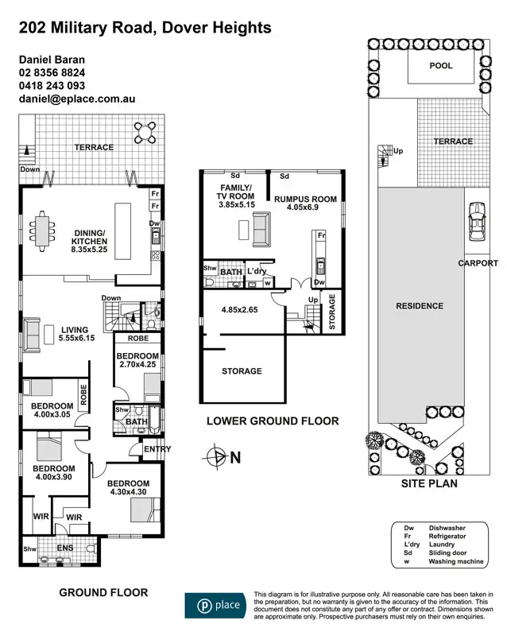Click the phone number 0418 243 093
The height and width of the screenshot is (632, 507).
click(x=52, y=86)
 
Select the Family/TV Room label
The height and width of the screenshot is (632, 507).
click(x=237, y=192)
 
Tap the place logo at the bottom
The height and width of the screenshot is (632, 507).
click(x=215, y=605)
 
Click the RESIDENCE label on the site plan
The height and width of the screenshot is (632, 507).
click(x=420, y=305)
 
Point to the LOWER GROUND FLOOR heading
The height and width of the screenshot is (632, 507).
click(x=273, y=421)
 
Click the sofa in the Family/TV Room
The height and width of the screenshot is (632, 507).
click(x=261, y=232)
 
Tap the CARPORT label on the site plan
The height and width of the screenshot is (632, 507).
click(x=478, y=263)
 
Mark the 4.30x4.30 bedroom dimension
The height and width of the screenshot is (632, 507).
click(x=128, y=494)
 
